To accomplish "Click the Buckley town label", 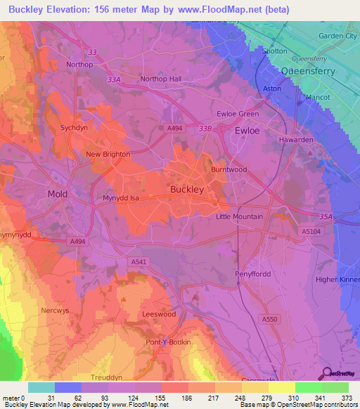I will pyautogui.click(x=187, y=189).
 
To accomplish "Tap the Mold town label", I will pyautogui.click(x=57, y=193).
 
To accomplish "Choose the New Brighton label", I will pyautogui.click(x=108, y=154).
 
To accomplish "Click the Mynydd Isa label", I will pyautogui.click(x=124, y=199).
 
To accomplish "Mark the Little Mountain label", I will pyautogui.click(x=239, y=217).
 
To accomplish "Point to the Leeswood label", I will pyautogui.click(x=159, y=314).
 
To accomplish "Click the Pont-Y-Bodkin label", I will pyautogui.click(x=167, y=342).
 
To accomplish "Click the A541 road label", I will pyautogui.click(x=139, y=261).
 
